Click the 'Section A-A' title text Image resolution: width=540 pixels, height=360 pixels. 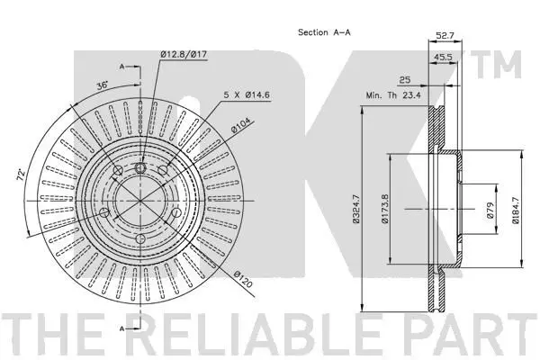[324, 32]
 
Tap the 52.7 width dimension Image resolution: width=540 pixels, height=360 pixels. [445, 35]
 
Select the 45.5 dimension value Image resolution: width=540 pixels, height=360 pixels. [443, 58]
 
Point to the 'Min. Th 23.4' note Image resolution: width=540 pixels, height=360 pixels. [393, 95]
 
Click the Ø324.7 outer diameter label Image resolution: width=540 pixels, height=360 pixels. [356, 209]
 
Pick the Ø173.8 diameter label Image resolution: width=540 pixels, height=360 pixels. [385, 209]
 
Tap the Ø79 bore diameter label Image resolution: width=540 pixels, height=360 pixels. [490, 210]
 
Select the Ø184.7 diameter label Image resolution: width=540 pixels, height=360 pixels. [515, 210]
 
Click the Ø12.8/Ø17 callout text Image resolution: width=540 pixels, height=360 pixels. [184, 54]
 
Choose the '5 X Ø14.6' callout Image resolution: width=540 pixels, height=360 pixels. [247, 94]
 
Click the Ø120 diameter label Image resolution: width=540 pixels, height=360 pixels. [243, 279]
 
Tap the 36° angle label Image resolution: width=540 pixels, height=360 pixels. [103, 85]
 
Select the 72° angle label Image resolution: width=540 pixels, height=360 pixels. [22, 175]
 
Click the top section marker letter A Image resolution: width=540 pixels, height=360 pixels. [121, 67]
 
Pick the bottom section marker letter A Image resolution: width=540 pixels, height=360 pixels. [121, 328]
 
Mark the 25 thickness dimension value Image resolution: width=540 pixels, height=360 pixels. [405, 80]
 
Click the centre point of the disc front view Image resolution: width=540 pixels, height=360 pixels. [140, 201]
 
